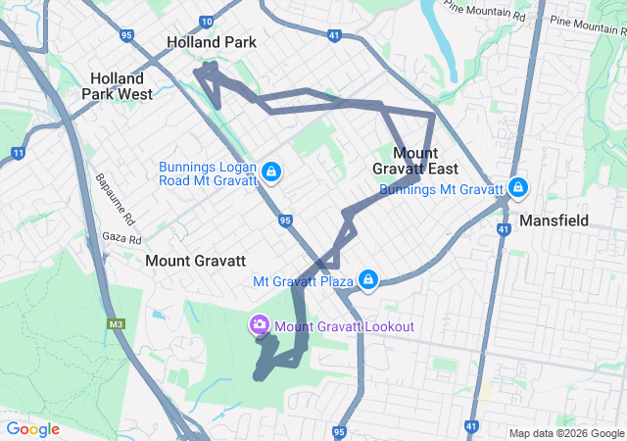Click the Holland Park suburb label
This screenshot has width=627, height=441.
pyautogui.click(x=212, y=43)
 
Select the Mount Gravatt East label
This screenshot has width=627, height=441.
pyautogui.click(x=428, y=161)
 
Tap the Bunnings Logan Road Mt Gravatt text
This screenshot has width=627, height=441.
pyautogui.click(x=208, y=173)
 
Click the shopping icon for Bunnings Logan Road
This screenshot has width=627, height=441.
pyautogui.click(x=271, y=174)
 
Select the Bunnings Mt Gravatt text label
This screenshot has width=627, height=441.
pyautogui.click(x=441, y=189)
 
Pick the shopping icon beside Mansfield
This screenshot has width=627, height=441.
pyautogui.click(x=517, y=186)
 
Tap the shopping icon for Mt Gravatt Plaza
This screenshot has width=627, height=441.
pyautogui.click(x=367, y=280)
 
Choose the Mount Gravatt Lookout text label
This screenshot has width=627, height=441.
pyautogui.click(x=344, y=326)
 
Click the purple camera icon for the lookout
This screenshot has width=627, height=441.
pyautogui.click(x=259, y=323)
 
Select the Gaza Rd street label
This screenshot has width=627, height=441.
pyautogui.click(x=122, y=239)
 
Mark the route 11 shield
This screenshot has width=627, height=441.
pyautogui.click(x=18, y=153)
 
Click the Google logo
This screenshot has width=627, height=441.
pyautogui.click(x=33, y=429)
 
